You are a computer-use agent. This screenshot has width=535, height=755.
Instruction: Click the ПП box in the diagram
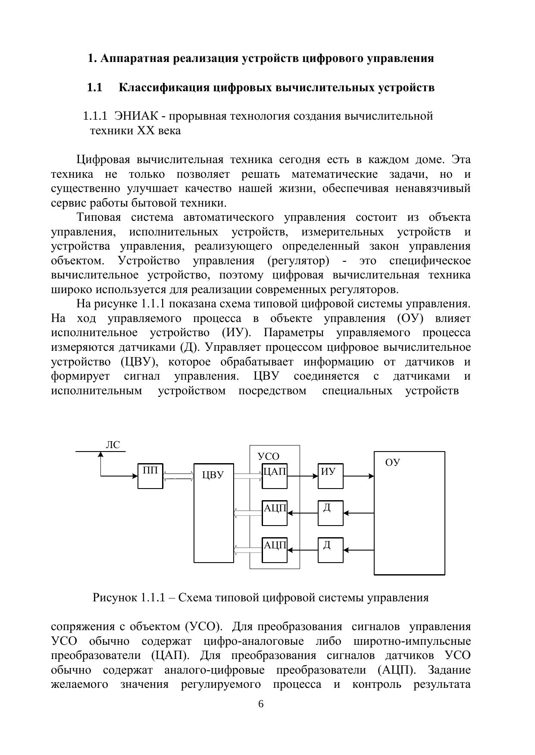(x=150, y=476)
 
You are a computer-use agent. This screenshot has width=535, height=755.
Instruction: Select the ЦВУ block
(x=213, y=513)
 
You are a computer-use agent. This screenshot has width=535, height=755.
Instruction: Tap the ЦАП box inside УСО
(x=275, y=476)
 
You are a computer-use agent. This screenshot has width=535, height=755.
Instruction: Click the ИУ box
(x=330, y=476)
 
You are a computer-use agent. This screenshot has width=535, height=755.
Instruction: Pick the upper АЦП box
(x=275, y=513)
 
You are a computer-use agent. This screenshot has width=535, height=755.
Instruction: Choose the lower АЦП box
(x=275, y=550)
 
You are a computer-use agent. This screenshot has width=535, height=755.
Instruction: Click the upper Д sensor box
(x=330, y=513)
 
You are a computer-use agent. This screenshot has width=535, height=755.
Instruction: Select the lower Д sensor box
(x=330, y=550)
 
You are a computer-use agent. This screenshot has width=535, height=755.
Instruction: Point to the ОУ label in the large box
(x=392, y=462)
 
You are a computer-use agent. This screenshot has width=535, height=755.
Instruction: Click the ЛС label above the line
(x=113, y=445)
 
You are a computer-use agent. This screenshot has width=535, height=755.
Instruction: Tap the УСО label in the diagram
(x=268, y=456)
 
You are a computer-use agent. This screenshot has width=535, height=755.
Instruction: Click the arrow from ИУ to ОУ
(x=359, y=476)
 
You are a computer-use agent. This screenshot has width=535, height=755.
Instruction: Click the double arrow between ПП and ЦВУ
(x=178, y=476)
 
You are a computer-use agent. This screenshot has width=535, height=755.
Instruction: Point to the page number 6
(x=260, y=704)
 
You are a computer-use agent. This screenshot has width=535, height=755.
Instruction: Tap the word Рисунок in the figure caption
(x=114, y=597)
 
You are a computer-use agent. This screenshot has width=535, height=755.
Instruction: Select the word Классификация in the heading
(x=165, y=88)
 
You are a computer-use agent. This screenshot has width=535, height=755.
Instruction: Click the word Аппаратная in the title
(x=135, y=58)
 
